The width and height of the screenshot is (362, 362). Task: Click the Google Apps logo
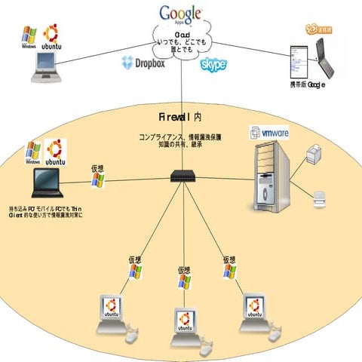pyautogui.click(x=181, y=14)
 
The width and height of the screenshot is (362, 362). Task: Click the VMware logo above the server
pyautogui.click(x=269, y=133)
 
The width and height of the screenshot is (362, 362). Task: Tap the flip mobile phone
pyautogui.click(x=307, y=57)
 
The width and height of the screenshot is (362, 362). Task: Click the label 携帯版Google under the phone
pyautogui.click(x=307, y=84)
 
